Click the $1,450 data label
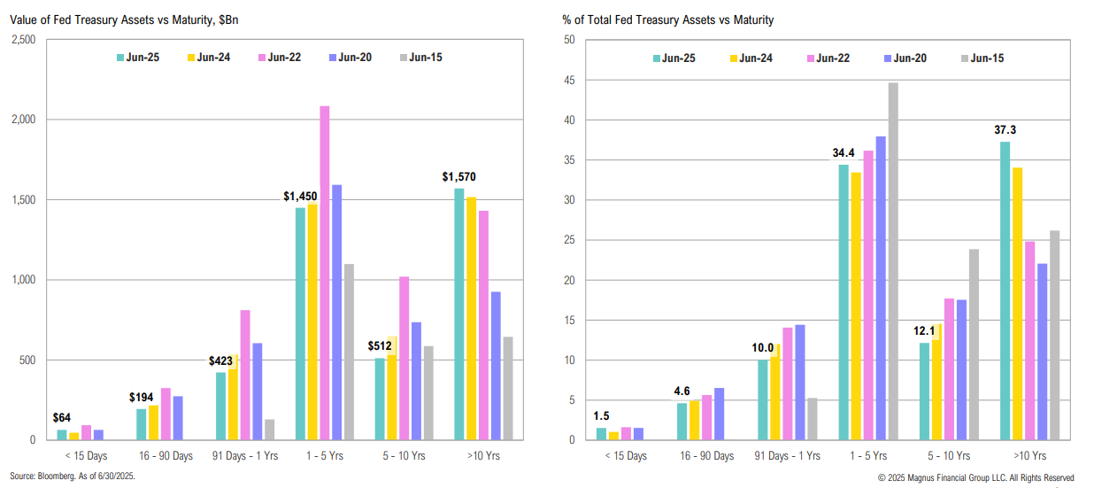[x=300, y=196]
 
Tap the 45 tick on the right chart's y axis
[x=570, y=81]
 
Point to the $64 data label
[x=61, y=417]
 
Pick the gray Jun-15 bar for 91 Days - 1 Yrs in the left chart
[x=270, y=430]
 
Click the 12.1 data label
[x=924, y=330]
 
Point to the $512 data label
[x=381, y=345]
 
